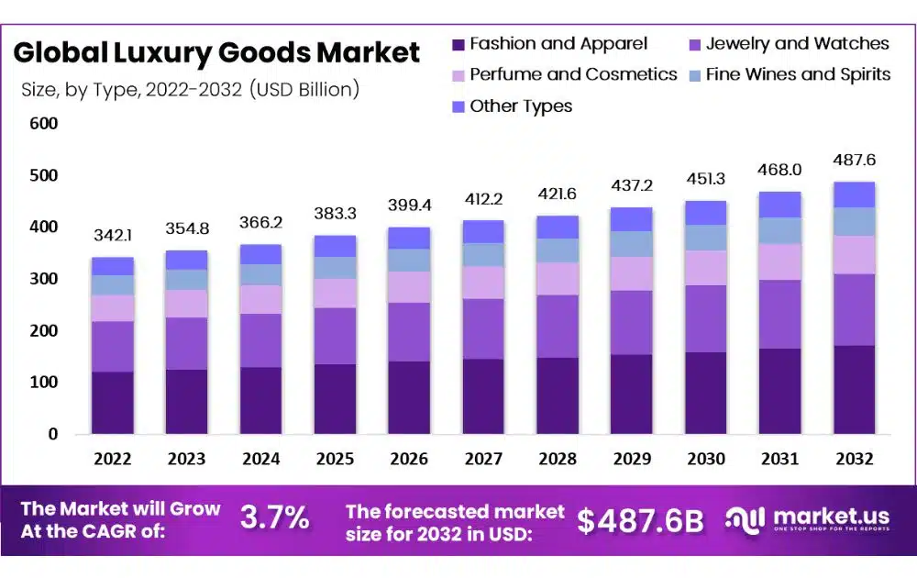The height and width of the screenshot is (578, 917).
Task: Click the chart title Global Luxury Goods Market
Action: [x=216, y=52]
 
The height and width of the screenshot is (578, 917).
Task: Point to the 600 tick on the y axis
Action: [x=43, y=124]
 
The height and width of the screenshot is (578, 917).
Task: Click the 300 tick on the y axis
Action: [x=43, y=279]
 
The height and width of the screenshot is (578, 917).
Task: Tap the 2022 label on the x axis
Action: [x=112, y=459]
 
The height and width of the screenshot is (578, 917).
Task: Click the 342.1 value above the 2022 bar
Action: [x=112, y=238]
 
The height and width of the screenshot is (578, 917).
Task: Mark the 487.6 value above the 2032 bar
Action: [x=854, y=161]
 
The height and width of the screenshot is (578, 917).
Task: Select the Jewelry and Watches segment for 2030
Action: [x=705, y=318]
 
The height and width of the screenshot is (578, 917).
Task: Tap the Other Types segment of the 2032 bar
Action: [x=854, y=195]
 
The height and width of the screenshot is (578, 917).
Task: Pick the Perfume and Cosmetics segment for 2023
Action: [x=186, y=304]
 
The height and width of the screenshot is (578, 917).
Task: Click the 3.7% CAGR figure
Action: [x=274, y=518]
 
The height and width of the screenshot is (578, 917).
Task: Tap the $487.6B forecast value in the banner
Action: [x=641, y=520]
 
